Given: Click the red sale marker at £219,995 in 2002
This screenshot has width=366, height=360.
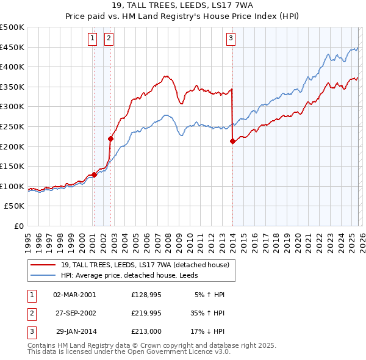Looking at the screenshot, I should click(x=111, y=139).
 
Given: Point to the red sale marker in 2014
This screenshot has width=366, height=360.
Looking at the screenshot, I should click(x=232, y=142).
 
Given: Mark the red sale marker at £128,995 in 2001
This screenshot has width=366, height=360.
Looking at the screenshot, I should click(x=94, y=175).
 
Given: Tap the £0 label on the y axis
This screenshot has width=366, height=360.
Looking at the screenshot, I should click(x=19, y=226).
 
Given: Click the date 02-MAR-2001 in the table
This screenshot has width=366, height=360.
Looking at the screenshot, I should click(x=74, y=295).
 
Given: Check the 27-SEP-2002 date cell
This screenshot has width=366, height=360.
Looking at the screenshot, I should click(x=74, y=313).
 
